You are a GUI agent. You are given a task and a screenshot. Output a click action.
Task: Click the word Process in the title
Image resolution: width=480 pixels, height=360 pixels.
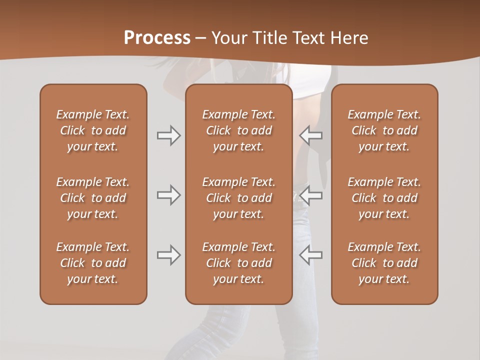pos(157,38)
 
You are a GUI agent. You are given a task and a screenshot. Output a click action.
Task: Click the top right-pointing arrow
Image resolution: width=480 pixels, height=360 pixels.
pos(168,135)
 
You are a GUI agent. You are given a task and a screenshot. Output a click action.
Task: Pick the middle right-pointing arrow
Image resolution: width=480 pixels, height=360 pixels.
pos(168,195)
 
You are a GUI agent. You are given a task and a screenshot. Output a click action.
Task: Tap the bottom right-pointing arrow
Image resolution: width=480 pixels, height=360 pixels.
pos(168,255)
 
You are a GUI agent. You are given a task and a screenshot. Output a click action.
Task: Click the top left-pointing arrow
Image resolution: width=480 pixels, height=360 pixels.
pos(311,135)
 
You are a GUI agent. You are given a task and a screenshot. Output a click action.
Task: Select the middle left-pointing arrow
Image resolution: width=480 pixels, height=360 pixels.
pos(311,195)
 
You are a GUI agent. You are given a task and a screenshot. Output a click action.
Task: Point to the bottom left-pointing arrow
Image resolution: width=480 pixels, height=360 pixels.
pos(311,255)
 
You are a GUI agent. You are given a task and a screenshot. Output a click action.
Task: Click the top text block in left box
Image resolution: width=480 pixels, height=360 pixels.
pos(93,130)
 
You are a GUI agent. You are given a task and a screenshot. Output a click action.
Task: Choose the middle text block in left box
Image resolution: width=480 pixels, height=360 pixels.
pos(93,198)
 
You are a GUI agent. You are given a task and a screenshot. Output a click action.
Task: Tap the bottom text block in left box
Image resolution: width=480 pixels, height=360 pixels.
pos(93,263)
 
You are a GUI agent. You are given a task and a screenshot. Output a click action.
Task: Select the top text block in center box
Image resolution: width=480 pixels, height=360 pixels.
pos(238,130)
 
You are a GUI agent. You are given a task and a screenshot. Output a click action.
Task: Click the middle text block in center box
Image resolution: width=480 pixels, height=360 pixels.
pos(238,198)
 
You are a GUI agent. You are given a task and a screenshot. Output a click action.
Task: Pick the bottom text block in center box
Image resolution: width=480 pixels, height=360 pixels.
pos(238,263)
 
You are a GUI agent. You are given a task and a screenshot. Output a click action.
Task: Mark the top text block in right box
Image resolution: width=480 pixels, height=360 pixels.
pos(384,130)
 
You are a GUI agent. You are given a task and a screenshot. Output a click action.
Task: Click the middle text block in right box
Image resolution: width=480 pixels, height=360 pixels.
pos(384,198)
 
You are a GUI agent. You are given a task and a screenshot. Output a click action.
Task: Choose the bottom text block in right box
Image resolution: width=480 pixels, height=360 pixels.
pos(384,263)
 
